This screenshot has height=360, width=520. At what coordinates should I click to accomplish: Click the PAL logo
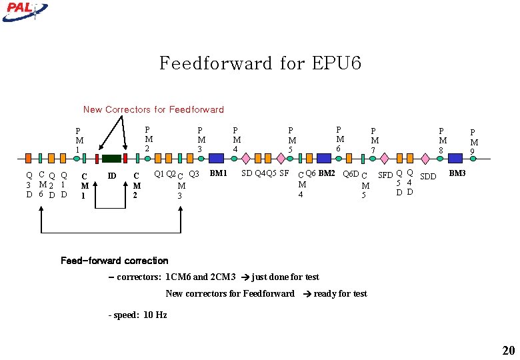tap(25, 9)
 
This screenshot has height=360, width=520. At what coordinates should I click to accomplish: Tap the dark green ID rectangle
tap(111, 159)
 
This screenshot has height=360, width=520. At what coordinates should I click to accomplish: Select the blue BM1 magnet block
tap(217, 158)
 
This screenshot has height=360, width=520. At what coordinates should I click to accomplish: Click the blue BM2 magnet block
tap(324, 158)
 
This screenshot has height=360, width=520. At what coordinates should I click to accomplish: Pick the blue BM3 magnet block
tap(455, 158)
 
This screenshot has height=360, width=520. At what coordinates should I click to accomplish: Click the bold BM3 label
tap(457, 173)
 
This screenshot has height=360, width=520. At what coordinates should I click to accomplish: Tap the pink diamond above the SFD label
tap(386, 159)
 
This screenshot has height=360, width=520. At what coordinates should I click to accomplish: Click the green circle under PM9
tap(473, 159)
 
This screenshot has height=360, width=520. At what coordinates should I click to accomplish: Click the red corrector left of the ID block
tap(97, 159)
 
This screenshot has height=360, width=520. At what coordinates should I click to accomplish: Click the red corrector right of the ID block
tap(125, 159)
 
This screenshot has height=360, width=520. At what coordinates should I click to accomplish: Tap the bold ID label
tap(112, 176)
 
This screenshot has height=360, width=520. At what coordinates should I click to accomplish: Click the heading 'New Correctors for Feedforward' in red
tap(153, 109)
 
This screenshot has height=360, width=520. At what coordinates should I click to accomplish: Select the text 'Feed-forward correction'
tap(114, 261)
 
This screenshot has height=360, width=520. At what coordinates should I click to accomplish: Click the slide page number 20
tap(508, 351)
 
